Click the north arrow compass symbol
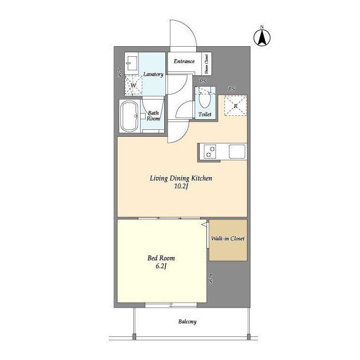coord(262,38)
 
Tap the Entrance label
coord(184,61)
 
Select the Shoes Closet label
coord(206,64)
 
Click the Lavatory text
coord(153,74)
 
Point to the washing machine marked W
coord(133,85)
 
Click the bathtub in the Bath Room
coord(129,116)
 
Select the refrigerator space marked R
coord(236,106)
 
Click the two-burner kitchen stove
coord(210,151)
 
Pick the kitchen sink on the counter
coord(237,151)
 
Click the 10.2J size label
coord(181,186)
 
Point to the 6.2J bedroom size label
coord(161,266)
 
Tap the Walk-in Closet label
coord(228,238)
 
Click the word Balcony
coord(187,322)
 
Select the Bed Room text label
coord(161,258)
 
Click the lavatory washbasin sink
coord(132,64)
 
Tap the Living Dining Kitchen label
coord(181,178)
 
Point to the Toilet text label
coord(205,114)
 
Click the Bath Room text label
coord(154,116)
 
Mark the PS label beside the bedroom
coord(210,278)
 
